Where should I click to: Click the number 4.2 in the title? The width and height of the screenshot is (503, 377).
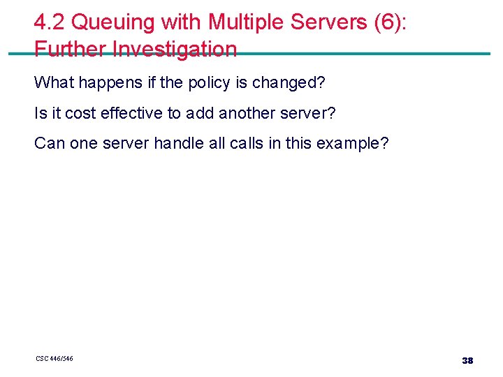50,22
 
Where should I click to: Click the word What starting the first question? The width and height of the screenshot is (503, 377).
54,82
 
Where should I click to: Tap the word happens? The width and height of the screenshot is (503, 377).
110,82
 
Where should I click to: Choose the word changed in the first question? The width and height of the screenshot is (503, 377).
286,82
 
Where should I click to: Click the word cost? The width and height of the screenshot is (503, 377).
80,113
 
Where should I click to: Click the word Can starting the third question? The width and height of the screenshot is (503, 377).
48,143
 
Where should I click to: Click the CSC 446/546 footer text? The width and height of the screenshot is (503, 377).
54,359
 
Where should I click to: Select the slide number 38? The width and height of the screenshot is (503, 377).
467,360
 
